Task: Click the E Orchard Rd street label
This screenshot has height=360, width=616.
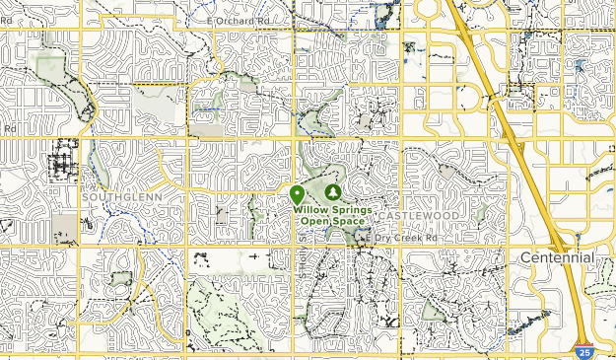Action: [240, 20]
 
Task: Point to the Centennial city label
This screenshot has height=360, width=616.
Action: [557, 257]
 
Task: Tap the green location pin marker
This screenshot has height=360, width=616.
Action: [297, 194]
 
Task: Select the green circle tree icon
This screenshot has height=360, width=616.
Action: [332, 191]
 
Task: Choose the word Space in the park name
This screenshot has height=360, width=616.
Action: [348, 221]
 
